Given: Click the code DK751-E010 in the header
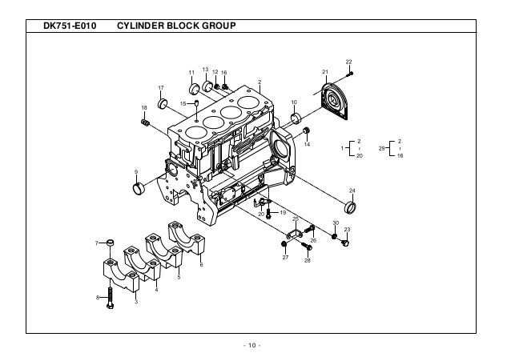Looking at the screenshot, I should coord(69,27).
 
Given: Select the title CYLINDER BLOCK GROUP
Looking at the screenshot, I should coord(175,27).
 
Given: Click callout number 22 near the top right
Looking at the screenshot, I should coord(348,62).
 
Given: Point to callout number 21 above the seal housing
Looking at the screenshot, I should coord(324,72).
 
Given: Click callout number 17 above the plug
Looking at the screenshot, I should coord(161,87).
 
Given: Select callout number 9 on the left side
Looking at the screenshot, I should coord(136,172).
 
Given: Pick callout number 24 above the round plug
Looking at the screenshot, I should coord(352,190).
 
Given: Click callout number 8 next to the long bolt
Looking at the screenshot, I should coord(98,297).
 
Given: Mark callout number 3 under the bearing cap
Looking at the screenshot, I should coord(136,301).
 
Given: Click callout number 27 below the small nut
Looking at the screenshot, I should coord(284,258).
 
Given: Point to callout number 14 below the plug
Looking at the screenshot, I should coord(307,146).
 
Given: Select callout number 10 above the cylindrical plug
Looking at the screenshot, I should coord(293,102).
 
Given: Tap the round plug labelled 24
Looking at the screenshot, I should coord(353,211).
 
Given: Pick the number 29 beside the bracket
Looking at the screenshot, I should coord(382,148).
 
